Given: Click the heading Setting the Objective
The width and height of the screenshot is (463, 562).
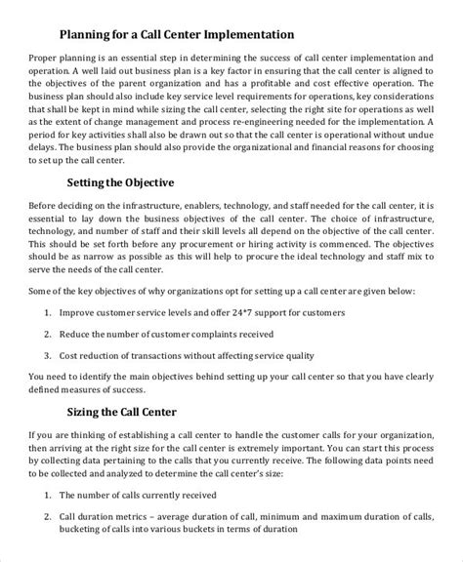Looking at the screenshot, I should pos(121,208).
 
